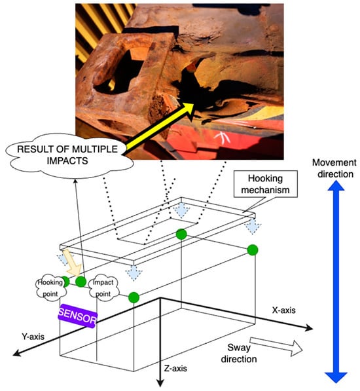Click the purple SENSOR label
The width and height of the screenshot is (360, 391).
(x=77, y=316)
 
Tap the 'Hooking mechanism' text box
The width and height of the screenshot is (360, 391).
(x=265, y=184)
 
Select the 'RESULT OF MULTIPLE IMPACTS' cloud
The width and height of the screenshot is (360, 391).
(x=69, y=155)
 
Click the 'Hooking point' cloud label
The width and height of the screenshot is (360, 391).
(x=50, y=288)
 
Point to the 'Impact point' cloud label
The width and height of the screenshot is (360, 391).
(x=103, y=288)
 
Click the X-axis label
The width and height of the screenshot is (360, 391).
(x=284, y=310)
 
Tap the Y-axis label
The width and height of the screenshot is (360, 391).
(x=33, y=337)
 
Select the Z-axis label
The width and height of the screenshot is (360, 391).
(x=175, y=368)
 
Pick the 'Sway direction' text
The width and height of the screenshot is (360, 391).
(x=239, y=354)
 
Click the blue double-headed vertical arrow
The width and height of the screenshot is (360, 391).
(x=336, y=282)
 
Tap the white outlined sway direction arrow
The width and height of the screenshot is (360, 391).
(x=276, y=346)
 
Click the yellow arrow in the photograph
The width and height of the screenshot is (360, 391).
(x=160, y=126)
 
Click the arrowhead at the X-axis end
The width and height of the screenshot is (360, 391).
(x=310, y=328)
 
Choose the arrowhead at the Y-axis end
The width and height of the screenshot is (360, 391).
(x=16, y=352)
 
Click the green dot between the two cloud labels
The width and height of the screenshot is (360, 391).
(x=81, y=282)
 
